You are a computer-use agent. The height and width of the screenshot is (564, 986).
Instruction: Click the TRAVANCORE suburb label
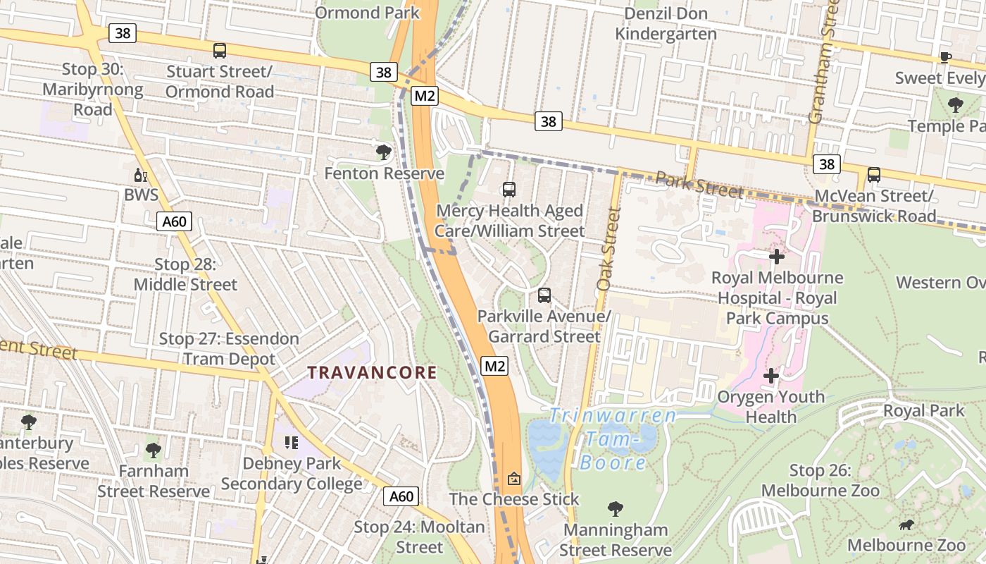coord(372,372)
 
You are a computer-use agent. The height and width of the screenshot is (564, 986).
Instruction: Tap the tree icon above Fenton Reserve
coord(384,152)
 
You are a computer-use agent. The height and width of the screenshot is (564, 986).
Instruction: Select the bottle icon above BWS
coord(141,175)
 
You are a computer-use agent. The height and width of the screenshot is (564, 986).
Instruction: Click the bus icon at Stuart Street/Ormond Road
coord(220,51)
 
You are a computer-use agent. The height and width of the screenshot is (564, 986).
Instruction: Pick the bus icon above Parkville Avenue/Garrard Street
coord(544,295)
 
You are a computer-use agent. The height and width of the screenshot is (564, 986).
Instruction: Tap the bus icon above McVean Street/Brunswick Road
coord(874,175)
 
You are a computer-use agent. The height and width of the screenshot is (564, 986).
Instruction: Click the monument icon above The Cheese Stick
coord(514,479)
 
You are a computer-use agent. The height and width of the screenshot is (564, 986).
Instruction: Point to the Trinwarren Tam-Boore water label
coord(612,439)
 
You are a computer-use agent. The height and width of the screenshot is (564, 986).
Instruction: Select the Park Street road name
coord(699,185)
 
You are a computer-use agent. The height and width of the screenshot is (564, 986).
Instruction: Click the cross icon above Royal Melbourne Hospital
coord(777,257)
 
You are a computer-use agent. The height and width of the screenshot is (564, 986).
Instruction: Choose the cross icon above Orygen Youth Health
coord(771,376)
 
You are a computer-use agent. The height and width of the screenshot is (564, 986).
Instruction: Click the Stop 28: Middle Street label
coord(185,274)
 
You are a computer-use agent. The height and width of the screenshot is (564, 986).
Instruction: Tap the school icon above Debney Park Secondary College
coord(292,443)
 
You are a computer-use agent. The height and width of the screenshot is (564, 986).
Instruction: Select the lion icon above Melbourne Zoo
coord(906,525)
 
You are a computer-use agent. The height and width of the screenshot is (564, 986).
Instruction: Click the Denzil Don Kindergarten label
coord(666,23)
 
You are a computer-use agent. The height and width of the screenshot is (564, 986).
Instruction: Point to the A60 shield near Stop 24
coord(401,496)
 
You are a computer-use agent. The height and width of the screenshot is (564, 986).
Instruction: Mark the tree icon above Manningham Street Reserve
coord(616,509)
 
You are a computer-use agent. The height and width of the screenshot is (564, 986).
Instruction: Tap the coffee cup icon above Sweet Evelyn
coord(946,57)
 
